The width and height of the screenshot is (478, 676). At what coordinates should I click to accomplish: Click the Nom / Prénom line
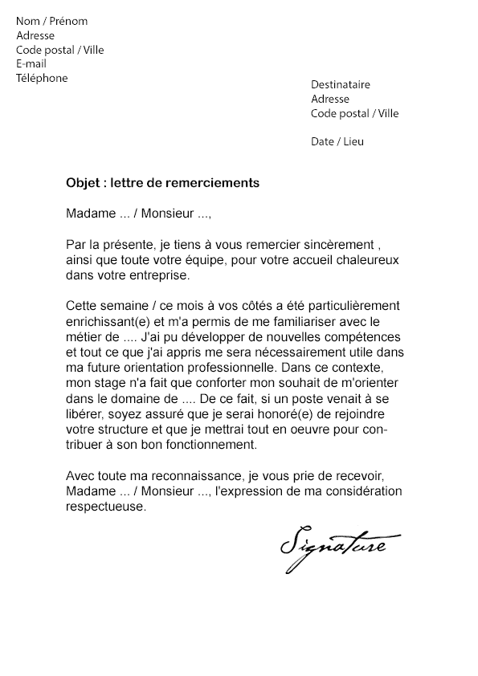coord(51,22)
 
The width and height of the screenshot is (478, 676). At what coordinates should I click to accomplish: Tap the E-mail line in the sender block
coord(31,64)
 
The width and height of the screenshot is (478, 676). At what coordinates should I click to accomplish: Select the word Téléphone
coord(42,79)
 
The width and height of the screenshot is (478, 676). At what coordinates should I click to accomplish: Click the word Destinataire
coord(341,85)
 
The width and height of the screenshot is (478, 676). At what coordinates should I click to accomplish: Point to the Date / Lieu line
coord(337,142)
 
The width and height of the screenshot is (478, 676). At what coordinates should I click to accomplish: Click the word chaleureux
coord(370,262)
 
